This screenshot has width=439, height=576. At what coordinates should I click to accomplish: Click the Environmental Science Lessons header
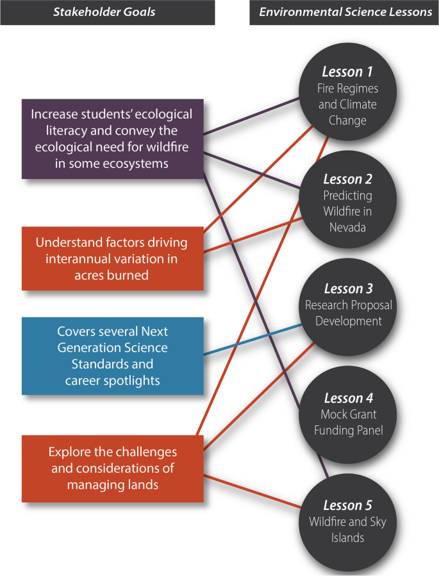click(x=345, y=12)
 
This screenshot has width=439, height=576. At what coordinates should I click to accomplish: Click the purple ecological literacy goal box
click(x=112, y=139)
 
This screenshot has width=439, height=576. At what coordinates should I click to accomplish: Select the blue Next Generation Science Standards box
click(x=112, y=356)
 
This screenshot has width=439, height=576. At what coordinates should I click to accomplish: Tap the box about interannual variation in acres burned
click(x=112, y=258)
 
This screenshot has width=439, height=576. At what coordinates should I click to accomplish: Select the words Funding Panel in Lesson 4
click(x=348, y=430)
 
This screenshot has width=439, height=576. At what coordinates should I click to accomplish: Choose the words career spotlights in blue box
click(x=112, y=381)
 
